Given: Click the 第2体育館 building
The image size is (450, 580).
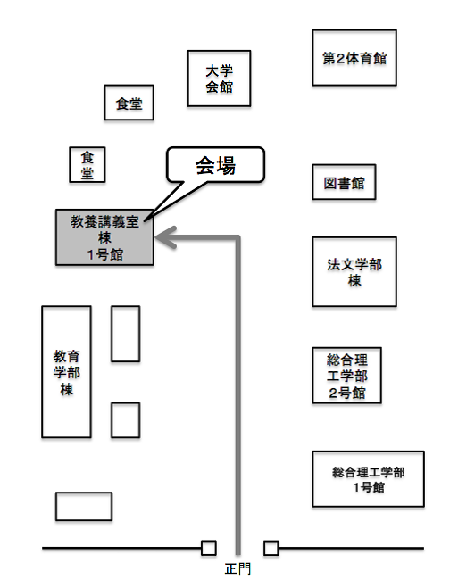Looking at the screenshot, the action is click(354, 58).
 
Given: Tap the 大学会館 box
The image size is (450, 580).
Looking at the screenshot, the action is click(219, 79).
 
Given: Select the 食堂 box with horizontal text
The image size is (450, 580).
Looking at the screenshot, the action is click(129, 103).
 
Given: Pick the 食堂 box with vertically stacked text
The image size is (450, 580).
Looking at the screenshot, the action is click(87, 164).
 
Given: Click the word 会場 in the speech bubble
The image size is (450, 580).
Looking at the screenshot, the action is click(215, 165).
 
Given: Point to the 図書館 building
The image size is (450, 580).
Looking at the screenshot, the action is click(344, 182).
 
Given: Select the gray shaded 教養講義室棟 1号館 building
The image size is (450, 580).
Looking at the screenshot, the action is click(104, 237).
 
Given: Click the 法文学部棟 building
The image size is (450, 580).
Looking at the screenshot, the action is click(354, 272).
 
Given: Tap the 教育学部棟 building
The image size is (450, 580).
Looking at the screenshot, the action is click(67, 372).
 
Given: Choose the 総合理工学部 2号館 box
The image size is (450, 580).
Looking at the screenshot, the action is click(346, 375).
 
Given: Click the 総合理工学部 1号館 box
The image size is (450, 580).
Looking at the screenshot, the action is click(368, 479).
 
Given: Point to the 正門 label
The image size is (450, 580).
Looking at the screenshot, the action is click(237, 569).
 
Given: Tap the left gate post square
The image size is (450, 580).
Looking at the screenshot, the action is click(209, 548).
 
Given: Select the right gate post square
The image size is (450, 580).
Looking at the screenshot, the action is click(271, 548).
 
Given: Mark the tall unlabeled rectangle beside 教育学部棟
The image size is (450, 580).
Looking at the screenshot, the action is click(126, 334).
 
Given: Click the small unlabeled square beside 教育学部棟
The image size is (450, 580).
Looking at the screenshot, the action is click(126, 420).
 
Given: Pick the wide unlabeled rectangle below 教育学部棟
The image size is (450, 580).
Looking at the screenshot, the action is click(84, 507).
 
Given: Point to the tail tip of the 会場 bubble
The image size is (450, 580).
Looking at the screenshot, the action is click(145, 220).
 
